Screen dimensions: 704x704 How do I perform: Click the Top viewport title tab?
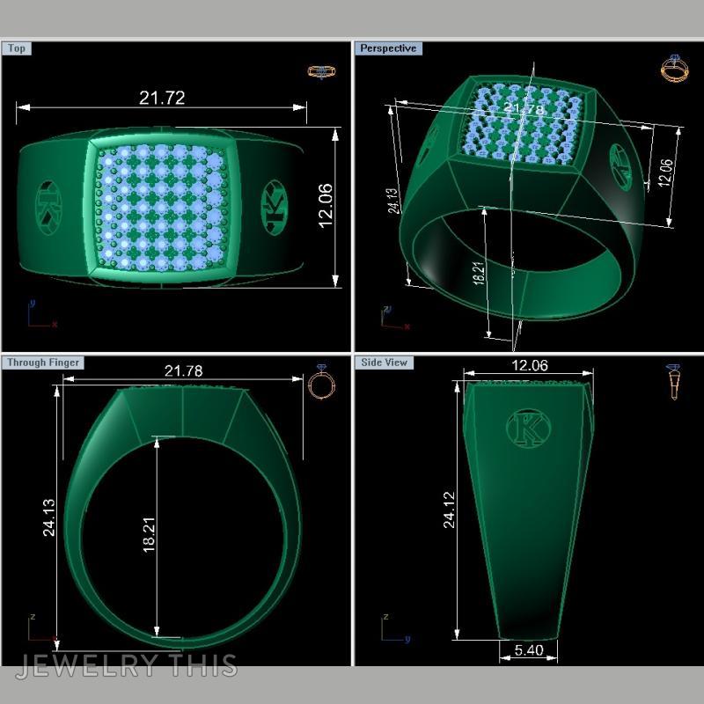point(17,48)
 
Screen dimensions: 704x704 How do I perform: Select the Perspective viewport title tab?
point(388,48)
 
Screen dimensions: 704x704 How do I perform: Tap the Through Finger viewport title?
point(43,363)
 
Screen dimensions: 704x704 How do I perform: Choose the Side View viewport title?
point(385,363)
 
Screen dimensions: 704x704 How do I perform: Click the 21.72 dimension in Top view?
point(162,98)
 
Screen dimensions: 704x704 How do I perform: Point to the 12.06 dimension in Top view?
point(325,206)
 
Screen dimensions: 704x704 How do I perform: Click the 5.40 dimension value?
point(528,651)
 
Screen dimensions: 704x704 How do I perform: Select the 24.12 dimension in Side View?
point(450,510)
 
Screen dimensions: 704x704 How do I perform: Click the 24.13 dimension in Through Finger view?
point(48,517)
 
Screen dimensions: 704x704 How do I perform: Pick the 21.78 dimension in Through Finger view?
point(183,371)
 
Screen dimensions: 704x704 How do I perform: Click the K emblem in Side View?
point(529,429)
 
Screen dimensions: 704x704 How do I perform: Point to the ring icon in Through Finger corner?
point(320,383)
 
